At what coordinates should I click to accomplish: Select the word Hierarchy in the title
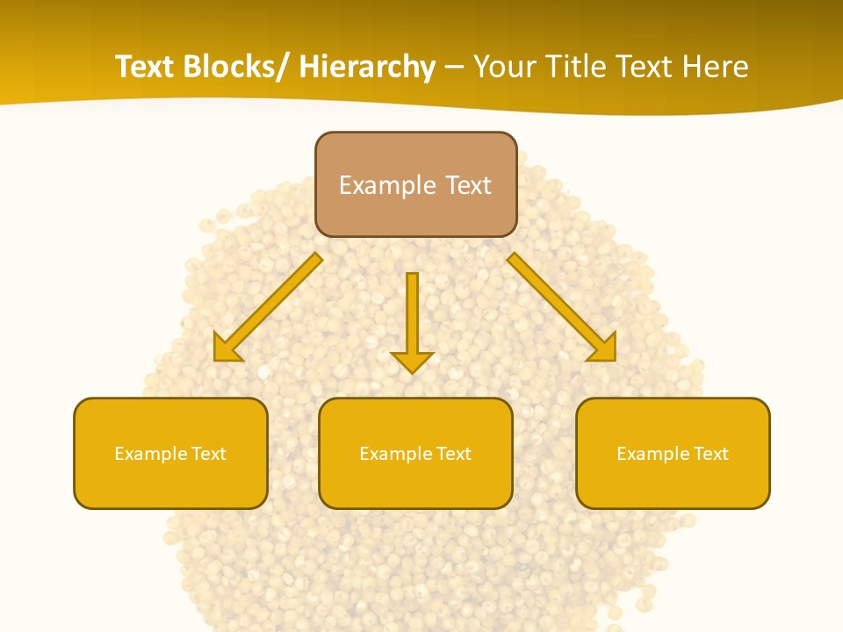point(367,67)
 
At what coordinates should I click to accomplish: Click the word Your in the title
point(504,67)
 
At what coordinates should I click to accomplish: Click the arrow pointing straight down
point(412,316)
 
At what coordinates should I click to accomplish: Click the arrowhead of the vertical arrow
point(412,361)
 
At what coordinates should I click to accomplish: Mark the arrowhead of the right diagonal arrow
point(602,348)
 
